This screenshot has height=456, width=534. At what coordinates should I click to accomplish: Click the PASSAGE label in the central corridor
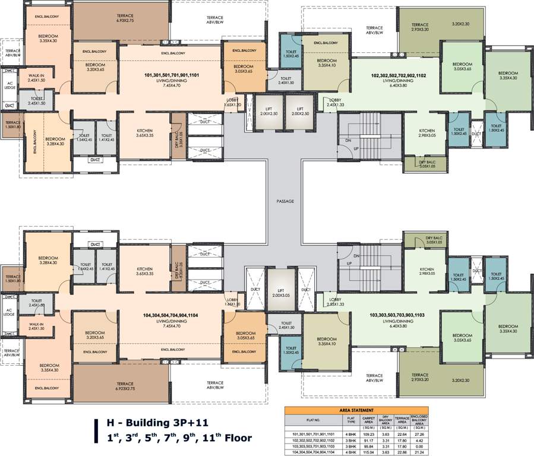tap(285, 201)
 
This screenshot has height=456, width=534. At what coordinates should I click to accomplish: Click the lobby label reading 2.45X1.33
tap(334, 103)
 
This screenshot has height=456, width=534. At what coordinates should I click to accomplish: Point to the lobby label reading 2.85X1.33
tap(335, 301)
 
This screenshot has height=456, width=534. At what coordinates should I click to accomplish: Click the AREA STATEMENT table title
tap(356, 410)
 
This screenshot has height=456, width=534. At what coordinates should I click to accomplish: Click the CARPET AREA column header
tap(369, 420)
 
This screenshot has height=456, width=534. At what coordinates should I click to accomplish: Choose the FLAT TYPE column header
tap(350, 420)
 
